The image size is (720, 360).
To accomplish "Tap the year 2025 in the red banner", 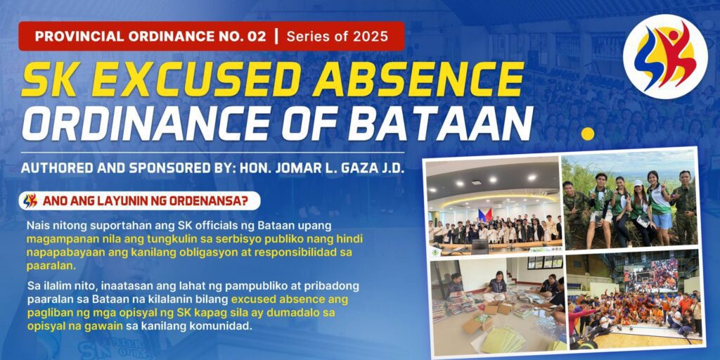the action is click(370, 37).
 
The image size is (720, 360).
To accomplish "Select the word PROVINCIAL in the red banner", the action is click(79, 37).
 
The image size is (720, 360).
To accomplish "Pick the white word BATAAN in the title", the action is click(441, 123).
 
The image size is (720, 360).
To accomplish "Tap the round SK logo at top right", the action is click(665, 57).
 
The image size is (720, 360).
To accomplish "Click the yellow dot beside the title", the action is click(587, 134).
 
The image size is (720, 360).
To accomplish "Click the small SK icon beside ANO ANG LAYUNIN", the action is click(30, 200).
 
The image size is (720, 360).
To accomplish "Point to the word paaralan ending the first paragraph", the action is click(46, 266).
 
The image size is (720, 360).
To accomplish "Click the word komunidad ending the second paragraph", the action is click(219, 327).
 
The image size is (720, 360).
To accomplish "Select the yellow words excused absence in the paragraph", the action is click(290, 300).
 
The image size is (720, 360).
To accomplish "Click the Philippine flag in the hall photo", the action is click(485, 214).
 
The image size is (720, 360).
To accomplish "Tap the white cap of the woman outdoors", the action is click(638, 183).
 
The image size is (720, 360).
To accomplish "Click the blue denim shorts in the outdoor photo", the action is click(662, 221).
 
